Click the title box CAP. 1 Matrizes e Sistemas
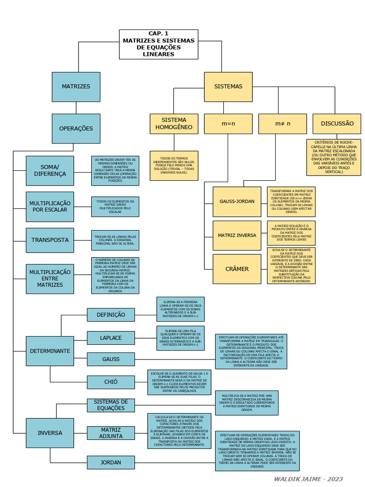coord(158,44)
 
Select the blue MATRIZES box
coord(76,87)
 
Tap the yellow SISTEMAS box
coord(228,87)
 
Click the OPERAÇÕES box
coord(76,128)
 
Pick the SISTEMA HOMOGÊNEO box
coord(173,124)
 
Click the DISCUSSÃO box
coord(337,124)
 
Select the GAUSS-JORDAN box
coord(237,201)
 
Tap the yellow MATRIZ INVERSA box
coord(237,235)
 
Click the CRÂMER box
coord(237,269)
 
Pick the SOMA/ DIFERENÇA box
coord(50,170)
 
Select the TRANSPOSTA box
coord(50,240)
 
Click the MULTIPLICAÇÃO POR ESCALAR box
coord(50,206)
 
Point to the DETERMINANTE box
coord(50,351)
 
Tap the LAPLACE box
coord(111,338)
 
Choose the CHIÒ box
coord(111,381)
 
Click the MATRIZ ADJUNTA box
coord(111,433)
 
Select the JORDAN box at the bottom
coord(111,462)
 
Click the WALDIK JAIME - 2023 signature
coord(308,479)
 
